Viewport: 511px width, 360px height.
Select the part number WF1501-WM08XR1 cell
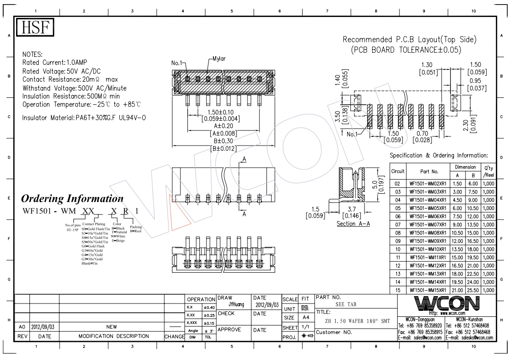428,233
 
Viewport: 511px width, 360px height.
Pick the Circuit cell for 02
398,183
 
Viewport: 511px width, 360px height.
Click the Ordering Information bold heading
73,199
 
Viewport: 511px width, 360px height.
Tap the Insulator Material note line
84,118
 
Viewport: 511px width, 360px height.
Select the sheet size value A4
305,318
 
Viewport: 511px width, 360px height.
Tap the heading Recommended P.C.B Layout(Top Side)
410,39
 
